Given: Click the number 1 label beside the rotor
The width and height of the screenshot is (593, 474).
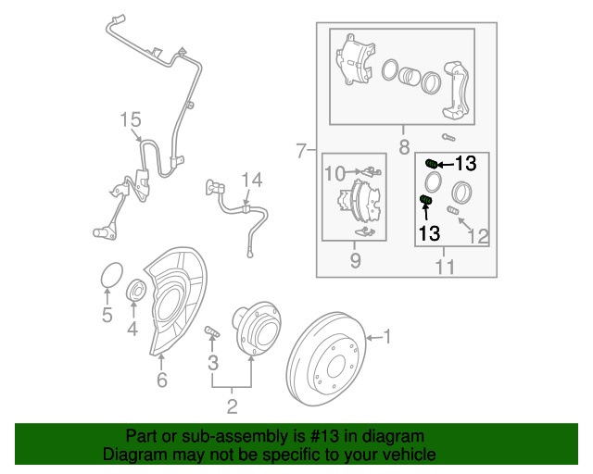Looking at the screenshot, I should [x=388, y=337].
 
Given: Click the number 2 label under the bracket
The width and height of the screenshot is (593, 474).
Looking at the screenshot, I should [x=232, y=405].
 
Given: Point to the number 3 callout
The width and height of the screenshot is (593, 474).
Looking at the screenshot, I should [x=212, y=361].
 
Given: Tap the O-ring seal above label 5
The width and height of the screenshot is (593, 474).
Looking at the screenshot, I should [x=109, y=277].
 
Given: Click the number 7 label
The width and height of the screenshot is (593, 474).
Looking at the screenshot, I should [x=300, y=150].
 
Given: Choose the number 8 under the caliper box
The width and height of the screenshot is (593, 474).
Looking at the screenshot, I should [x=404, y=147].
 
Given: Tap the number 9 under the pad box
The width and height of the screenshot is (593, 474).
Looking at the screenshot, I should [x=355, y=262].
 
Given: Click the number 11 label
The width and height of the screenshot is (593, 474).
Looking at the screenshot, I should [x=445, y=268].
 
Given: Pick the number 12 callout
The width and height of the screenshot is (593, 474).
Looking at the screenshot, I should [x=477, y=237].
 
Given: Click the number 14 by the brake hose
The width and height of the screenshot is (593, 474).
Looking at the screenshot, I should [x=252, y=180].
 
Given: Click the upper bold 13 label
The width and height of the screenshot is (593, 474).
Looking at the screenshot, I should [x=465, y=164].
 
